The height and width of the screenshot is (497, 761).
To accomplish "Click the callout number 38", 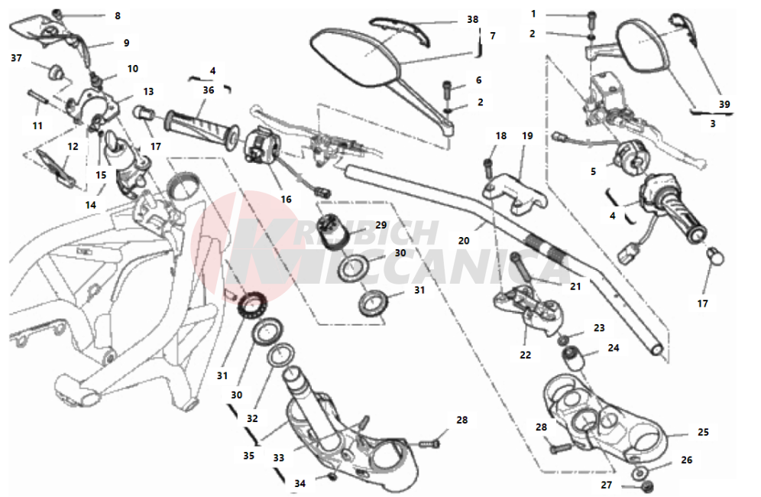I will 473,20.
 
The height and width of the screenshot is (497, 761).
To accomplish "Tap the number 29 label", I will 380,225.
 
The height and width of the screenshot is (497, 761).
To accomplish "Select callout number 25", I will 703,432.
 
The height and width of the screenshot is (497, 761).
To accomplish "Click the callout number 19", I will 527,136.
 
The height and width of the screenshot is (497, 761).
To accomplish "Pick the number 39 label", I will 724,104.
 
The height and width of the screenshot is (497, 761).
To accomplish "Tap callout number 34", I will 300,483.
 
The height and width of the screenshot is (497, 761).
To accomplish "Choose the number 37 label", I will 16,57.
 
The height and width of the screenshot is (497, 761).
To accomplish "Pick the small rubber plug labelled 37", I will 56,72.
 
